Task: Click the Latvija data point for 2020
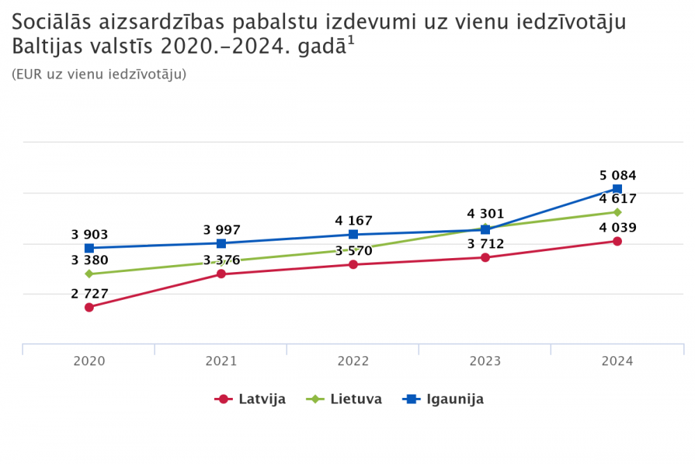tap(89, 307)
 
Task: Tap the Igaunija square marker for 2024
tap(617, 189)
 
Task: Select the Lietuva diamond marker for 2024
tap(617, 212)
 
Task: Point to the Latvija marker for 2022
tap(353, 264)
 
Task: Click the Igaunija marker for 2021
tap(221, 243)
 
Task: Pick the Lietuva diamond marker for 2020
tap(89, 274)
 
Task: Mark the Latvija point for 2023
tap(485, 257)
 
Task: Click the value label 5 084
tap(618, 175)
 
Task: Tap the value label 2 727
tap(90, 294)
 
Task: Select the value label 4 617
tap(618, 199)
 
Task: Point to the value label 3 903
tap(90, 235)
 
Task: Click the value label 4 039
tap(618, 227)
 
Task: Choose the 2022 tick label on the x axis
tap(353, 361)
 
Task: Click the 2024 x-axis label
tap(617, 361)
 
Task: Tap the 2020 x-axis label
tap(89, 361)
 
